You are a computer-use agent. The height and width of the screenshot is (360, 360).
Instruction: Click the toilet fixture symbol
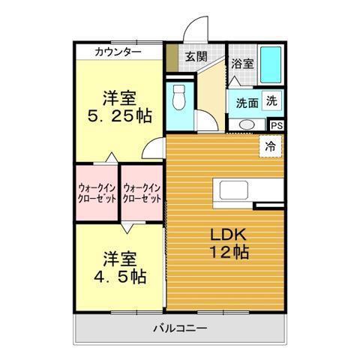[x=178, y=97]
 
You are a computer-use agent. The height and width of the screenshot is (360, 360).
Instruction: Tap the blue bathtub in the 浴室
[x=271, y=64]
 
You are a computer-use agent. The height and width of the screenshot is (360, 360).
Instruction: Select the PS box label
[x=277, y=126]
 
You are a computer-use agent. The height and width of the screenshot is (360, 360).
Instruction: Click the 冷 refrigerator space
[x=270, y=146]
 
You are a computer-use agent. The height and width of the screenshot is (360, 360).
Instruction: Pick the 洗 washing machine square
[x=271, y=101]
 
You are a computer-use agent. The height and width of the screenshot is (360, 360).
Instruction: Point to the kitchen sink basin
[x=234, y=190]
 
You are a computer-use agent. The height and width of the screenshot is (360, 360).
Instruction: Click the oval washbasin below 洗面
[x=247, y=124]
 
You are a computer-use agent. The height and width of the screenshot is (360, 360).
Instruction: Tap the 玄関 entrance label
[x=196, y=57]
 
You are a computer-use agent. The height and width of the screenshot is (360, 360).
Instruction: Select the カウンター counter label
[x=118, y=52]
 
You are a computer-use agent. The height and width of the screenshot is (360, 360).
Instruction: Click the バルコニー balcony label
[x=180, y=328]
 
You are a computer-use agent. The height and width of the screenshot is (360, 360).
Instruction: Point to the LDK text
[x=228, y=235]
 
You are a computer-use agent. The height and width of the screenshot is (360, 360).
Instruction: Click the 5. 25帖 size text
[x=119, y=116]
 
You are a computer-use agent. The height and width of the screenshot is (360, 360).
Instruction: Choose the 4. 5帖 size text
[x=120, y=277]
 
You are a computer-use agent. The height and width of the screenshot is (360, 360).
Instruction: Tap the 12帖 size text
[x=229, y=252]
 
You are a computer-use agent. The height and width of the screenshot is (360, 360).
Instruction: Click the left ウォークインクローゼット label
[x=97, y=193]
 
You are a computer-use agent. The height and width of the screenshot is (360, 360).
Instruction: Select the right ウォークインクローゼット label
[x=142, y=193]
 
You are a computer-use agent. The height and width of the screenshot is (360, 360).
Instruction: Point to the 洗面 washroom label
[x=247, y=103]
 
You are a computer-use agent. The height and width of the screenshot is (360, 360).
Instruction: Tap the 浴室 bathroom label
[x=242, y=64]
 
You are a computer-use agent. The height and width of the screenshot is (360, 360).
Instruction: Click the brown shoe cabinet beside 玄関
[x=172, y=58]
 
